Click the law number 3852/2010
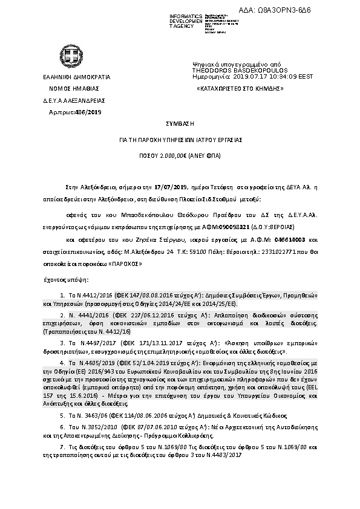[x=92, y=426]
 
